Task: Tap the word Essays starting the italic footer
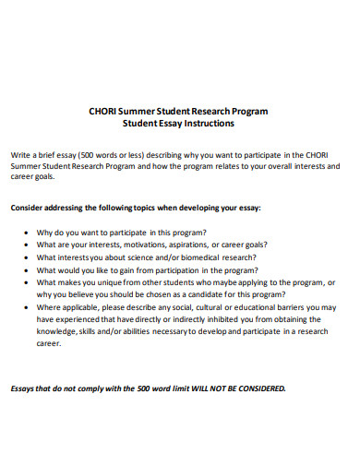(24, 388)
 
